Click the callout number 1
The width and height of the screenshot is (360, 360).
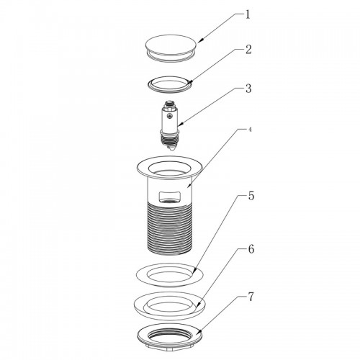point(248,15)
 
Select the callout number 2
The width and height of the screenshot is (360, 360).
point(248,50)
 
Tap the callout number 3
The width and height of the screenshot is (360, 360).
point(248,89)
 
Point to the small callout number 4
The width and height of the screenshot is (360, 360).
point(250,130)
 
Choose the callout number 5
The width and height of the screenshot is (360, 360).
point(251,196)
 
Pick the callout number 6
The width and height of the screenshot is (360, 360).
point(251,249)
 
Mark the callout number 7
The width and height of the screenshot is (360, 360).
point(251,297)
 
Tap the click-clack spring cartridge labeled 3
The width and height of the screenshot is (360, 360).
point(170,125)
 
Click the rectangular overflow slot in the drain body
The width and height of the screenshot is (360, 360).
point(170,197)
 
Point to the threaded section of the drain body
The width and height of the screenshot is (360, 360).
point(170,228)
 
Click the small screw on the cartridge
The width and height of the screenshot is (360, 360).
point(170,117)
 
